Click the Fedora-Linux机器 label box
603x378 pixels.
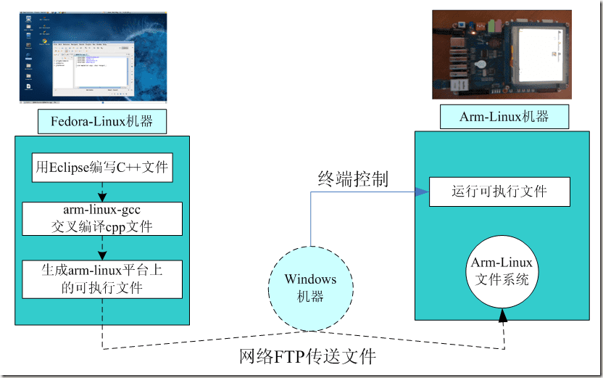pyautogui.click(x=101, y=122)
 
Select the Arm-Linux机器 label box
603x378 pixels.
pyautogui.click(x=504, y=117)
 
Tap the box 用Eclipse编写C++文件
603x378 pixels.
pyautogui.click(x=102, y=168)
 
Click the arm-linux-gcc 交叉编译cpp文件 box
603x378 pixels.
pyautogui.click(x=102, y=218)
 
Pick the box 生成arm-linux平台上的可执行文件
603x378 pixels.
pyautogui.click(x=102, y=279)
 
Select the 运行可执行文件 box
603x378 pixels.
pyautogui.click(x=499, y=192)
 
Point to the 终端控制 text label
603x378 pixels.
pyautogui.click(x=353, y=178)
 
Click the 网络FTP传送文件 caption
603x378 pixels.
pyautogui.click(x=308, y=357)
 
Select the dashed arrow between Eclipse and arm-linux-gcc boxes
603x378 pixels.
pyautogui.click(x=102, y=192)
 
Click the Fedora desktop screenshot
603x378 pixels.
pyautogui.click(x=93, y=57)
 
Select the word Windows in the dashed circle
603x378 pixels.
pyautogui.click(x=310, y=279)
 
